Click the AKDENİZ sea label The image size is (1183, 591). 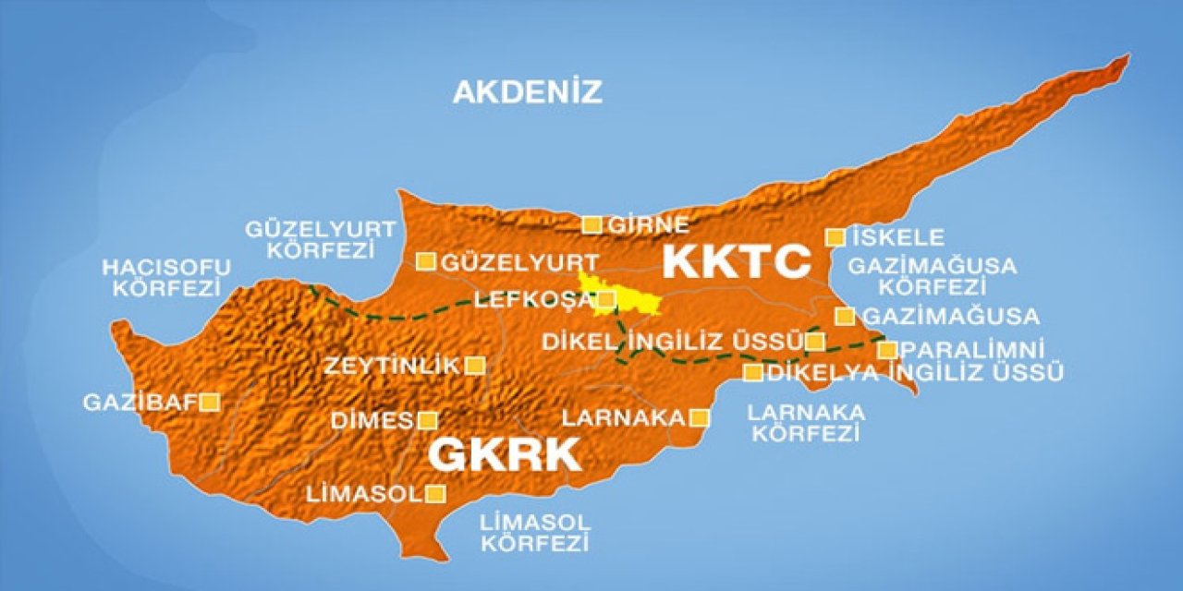[527, 91]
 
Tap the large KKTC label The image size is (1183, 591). [737, 261]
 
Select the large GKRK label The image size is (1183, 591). [505, 454]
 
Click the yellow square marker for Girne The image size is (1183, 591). [591, 224]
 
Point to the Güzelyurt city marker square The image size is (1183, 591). [425, 261]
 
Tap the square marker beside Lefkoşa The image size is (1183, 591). [606, 299]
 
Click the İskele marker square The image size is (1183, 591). [835, 237]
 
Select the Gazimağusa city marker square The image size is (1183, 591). [845, 316]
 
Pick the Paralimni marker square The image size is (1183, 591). [887, 350]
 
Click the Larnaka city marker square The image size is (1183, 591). [700, 417]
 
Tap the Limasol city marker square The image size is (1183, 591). [435, 494]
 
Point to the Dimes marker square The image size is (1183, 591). [427, 421]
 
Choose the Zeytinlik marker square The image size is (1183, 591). [475, 366]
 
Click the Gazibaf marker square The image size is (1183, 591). [211, 402]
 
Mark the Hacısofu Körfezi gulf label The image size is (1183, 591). [166, 276]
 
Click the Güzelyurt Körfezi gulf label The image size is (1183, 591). [320, 238]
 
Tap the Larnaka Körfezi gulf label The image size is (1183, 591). [806, 422]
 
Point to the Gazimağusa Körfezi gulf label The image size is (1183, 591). [932, 276]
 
